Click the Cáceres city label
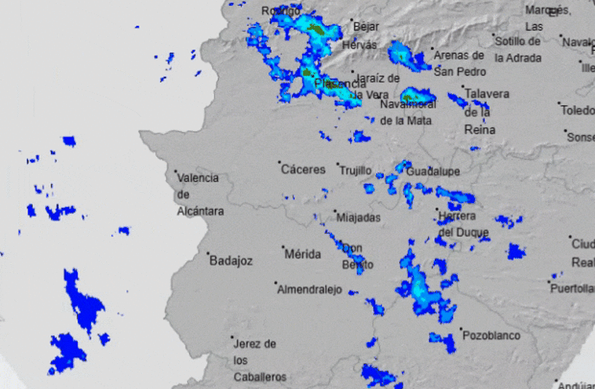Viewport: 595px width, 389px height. [304, 169]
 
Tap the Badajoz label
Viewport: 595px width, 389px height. [232, 261]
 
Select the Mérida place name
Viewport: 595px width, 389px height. [303, 254]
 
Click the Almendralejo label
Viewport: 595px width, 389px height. [310, 289]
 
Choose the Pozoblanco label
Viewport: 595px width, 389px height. [491, 336]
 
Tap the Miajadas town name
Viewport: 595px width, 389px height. [358, 217]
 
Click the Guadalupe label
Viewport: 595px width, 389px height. [433, 172]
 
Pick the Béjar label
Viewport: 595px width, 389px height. [367, 26]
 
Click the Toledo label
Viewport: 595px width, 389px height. [579, 110]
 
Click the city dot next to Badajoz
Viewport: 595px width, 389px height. [209, 254]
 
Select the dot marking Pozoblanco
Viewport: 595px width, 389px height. [461, 329]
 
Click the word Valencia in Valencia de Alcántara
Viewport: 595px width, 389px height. [199, 178]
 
